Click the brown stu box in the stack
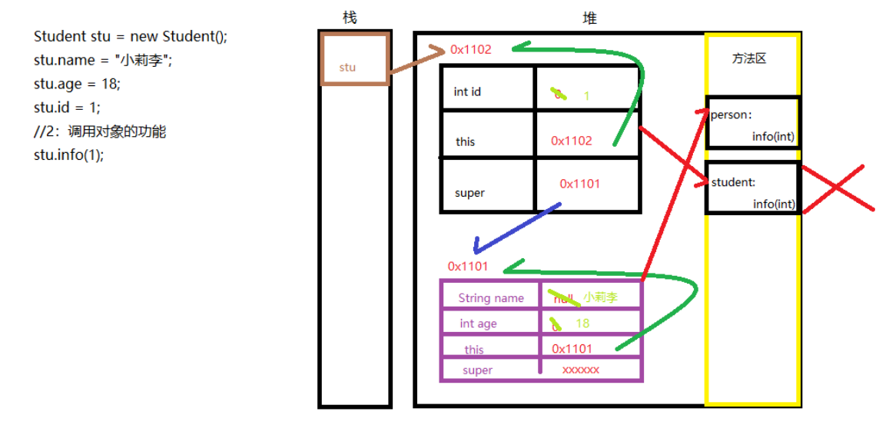coord(354,59)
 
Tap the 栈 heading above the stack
coord(350,18)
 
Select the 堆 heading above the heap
coord(589,18)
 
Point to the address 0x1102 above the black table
coord(470,50)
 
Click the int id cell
coord(467,92)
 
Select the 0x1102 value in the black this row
coord(572,141)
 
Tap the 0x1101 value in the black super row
coord(579,184)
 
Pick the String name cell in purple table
coord(491,298)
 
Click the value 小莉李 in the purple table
coord(600,297)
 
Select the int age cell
coord(478,324)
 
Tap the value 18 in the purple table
coord(582,324)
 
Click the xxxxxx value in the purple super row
coord(580,370)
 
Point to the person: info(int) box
coord(752,123)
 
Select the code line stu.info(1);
coord(68,154)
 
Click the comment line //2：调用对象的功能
coord(100,131)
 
